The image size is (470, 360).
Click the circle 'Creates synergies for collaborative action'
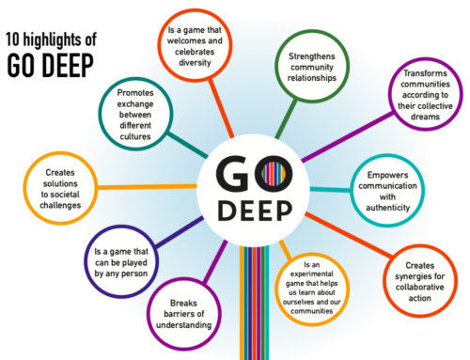click(x=417, y=281)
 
